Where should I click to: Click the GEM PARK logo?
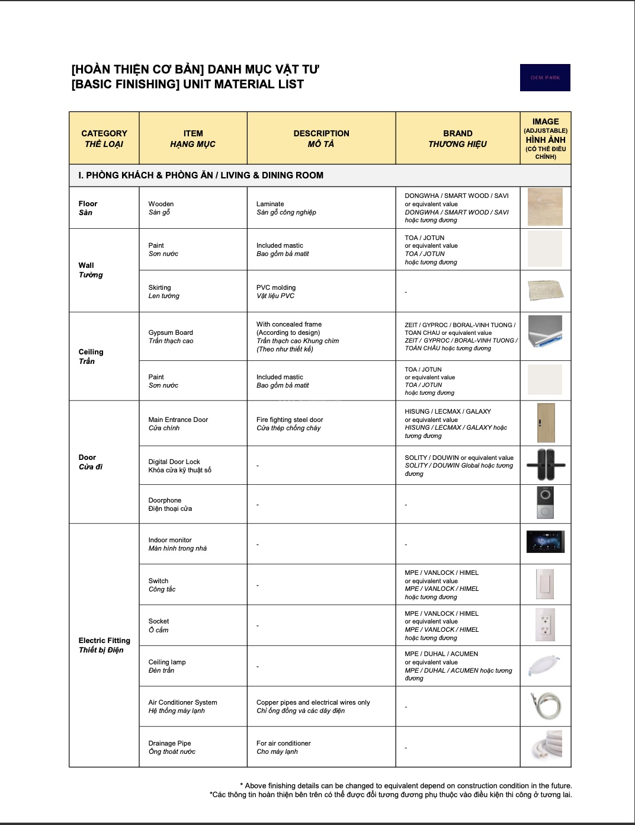pyautogui.click(x=545, y=78)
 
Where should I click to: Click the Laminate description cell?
pyautogui.click(x=286, y=208)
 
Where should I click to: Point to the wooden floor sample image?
pyautogui.click(x=545, y=207)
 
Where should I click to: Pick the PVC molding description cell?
pyautogui.click(x=276, y=292)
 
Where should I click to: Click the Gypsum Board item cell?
pyautogui.click(x=171, y=337)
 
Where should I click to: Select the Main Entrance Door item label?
pyautogui.click(x=178, y=424)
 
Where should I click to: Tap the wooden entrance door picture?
pyautogui.click(x=546, y=423)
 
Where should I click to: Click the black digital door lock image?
pyautogui.click(x=546, y=465)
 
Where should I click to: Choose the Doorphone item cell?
pyautogui.click(x=170, y=504)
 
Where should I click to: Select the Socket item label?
pyautogui.click(x=159, y=625)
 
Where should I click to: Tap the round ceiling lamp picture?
pyautogui.click(x=544, y=666)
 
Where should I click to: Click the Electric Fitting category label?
pyautogui.click(x=104, y=645)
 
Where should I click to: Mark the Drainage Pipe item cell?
pyautogui.click(x=172, y=747)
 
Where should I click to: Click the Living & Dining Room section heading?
pyautogui.click(x=201, y=175)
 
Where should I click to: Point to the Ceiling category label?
pyautogui.click(x=91, y=356)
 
